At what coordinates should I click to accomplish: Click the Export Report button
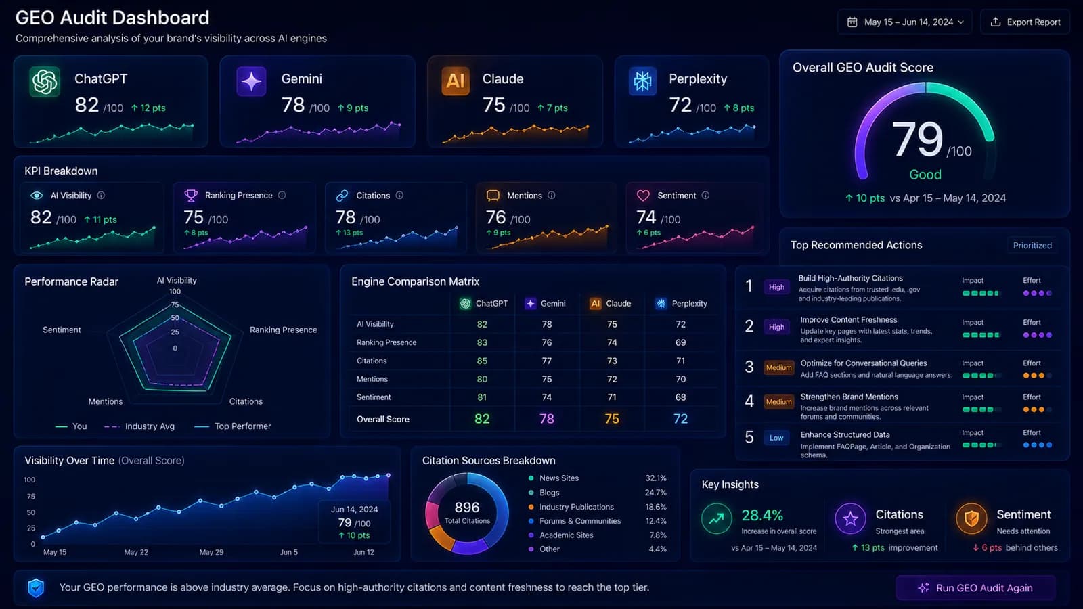(1025, 22)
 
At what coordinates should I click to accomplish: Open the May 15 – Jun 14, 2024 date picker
(904, 22)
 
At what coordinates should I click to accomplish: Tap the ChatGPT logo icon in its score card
(45, 81)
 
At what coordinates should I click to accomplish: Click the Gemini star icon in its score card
(251, 81)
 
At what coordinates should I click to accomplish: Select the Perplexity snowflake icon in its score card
(642, 81)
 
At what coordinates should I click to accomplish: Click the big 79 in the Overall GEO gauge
(917, 139)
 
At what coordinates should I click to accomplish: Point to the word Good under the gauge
(925, 175)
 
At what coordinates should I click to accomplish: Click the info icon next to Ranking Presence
(282, 196)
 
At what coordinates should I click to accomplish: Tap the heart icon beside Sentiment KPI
(643, 196)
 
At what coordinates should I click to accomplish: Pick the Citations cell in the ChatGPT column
(482, 361)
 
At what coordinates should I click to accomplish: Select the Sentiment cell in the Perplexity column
(680, 397)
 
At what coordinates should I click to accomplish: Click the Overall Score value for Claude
(612, 419)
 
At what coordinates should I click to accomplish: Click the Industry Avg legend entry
(139, 426)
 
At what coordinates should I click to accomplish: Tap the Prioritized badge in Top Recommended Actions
(1032, 246)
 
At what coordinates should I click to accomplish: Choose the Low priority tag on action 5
(776, 438)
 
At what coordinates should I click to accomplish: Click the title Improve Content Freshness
(849, 320)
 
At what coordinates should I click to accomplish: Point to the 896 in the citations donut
(467, 507)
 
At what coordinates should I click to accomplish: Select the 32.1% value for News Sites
(656, 478)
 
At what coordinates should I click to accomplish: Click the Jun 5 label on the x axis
(288, 552)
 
